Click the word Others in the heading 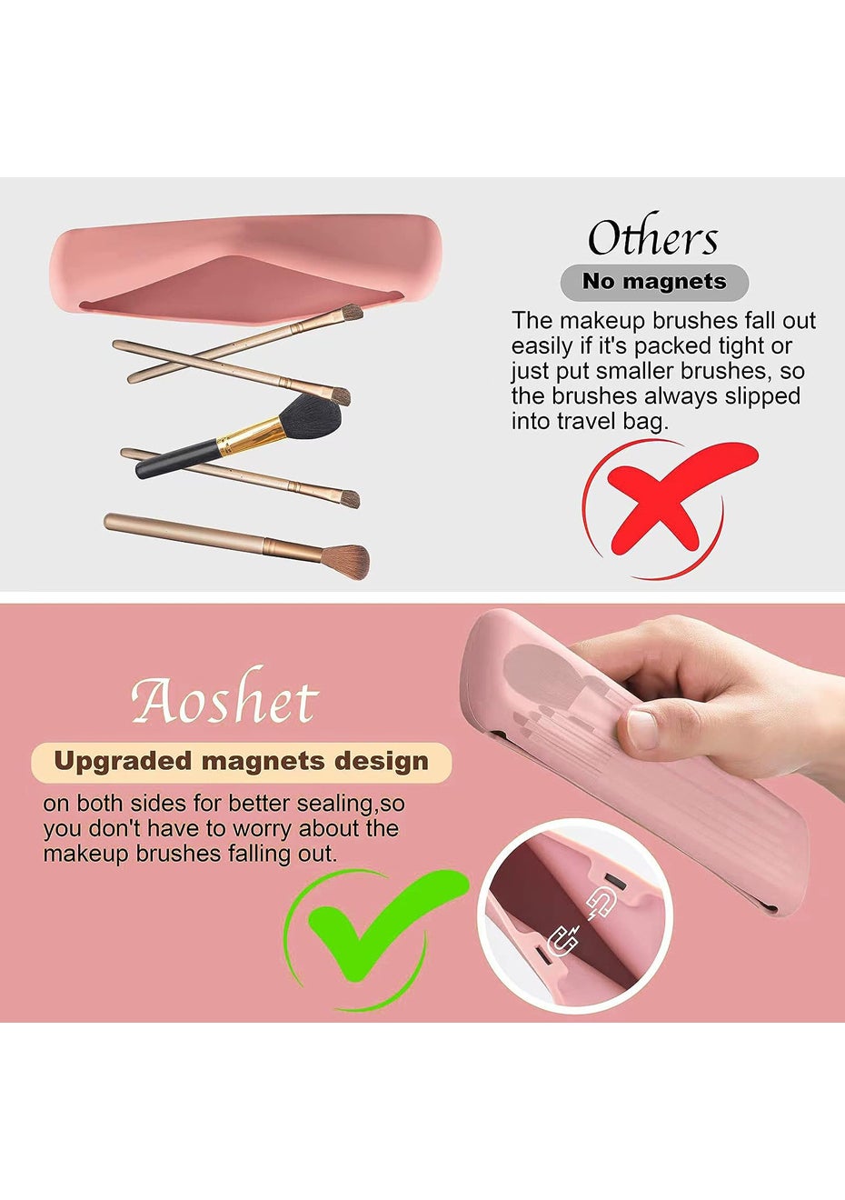pos(652,237)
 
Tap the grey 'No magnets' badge pos(654,282)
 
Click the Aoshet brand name pos(224,696)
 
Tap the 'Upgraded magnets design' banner pos(241,762)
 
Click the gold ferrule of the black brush pos(251,436)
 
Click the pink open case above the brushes pos(246,268)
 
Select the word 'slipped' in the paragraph pos(762,396)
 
